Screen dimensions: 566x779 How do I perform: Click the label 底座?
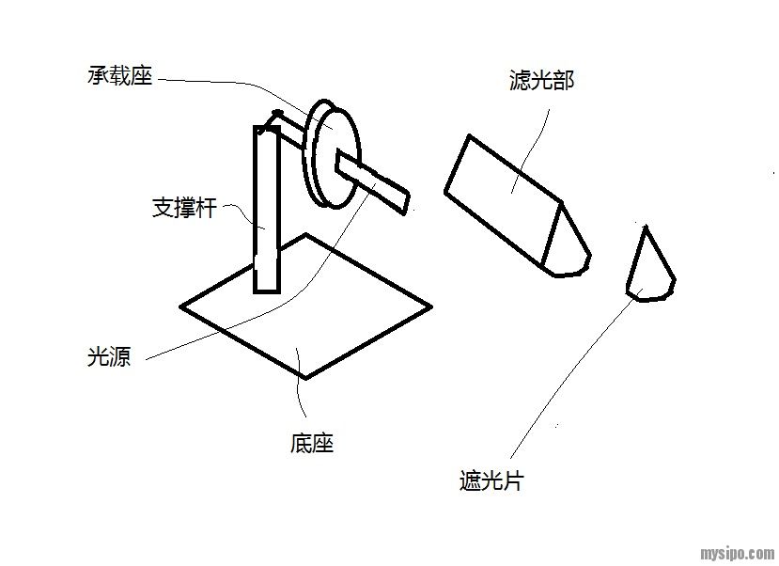[x=312, y=443]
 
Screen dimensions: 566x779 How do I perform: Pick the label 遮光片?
[x=491, y=482]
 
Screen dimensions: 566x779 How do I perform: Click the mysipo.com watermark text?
[x=738, y=553]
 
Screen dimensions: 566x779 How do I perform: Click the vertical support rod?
[x=266, y=212]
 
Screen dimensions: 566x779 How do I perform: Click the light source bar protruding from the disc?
[x=376, y=181]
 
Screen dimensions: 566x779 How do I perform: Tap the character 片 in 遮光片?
[x=512, y=482]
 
